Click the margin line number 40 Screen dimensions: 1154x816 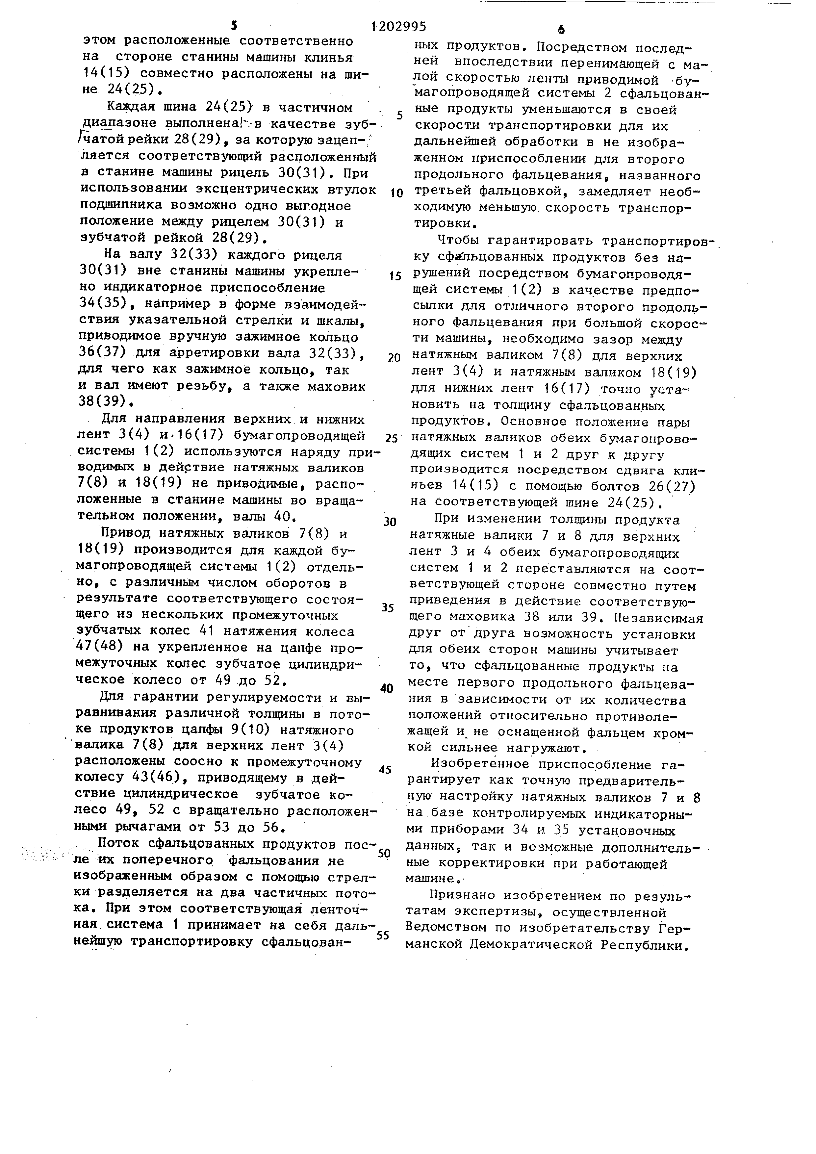click(x=386, y=689)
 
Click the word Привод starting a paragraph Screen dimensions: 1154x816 click(x=126, y=533)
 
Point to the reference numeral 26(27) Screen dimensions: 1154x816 click(x=669, y=487)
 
